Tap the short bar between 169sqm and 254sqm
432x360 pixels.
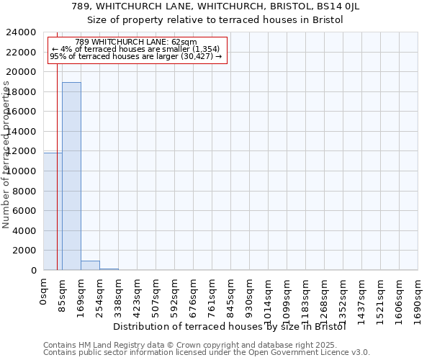[x=90, y=266]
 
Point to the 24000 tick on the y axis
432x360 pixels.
[x=22, y=32]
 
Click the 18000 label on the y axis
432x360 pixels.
[x=22, y=92]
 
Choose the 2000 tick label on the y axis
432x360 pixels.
[x=25, y=251]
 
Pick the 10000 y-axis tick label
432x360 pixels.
[x=22, y=171]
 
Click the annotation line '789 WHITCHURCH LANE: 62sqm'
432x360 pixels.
[x=136, y=42]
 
